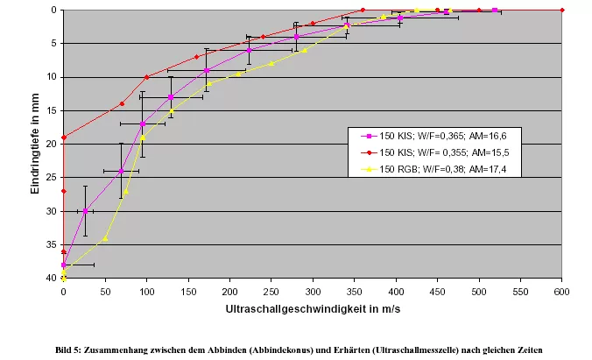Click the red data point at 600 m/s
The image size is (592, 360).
[561, 10]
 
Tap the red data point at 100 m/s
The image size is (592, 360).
[146, 77]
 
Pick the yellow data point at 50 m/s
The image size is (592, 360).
[105, 237]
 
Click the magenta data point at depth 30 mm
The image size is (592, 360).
[85, 211]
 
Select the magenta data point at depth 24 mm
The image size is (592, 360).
[121, 171]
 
